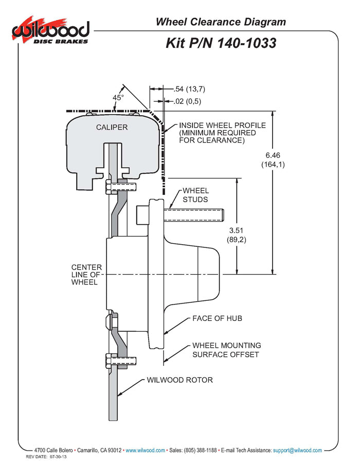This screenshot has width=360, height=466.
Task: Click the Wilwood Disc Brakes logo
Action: (x=50, y=32)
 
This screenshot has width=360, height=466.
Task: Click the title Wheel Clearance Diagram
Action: (x=221, y=22)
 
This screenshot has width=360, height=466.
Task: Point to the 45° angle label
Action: (x=118, y=97)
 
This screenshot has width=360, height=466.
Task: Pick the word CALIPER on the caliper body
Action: (x=112, y=127)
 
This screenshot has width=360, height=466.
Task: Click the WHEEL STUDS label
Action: (x=195, y=195)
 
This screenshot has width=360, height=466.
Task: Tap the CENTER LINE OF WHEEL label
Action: (x=86, y=275)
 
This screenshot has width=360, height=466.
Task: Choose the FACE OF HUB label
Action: (x=217, y=318)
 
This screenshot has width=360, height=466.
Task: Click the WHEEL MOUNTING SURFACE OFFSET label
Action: (x=226, y=350)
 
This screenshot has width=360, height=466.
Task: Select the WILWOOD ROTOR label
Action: (x=179, y=381)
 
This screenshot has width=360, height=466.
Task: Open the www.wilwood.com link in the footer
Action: (x=145, y=450)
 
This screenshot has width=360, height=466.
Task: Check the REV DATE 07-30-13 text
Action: (x=47, y=457)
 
